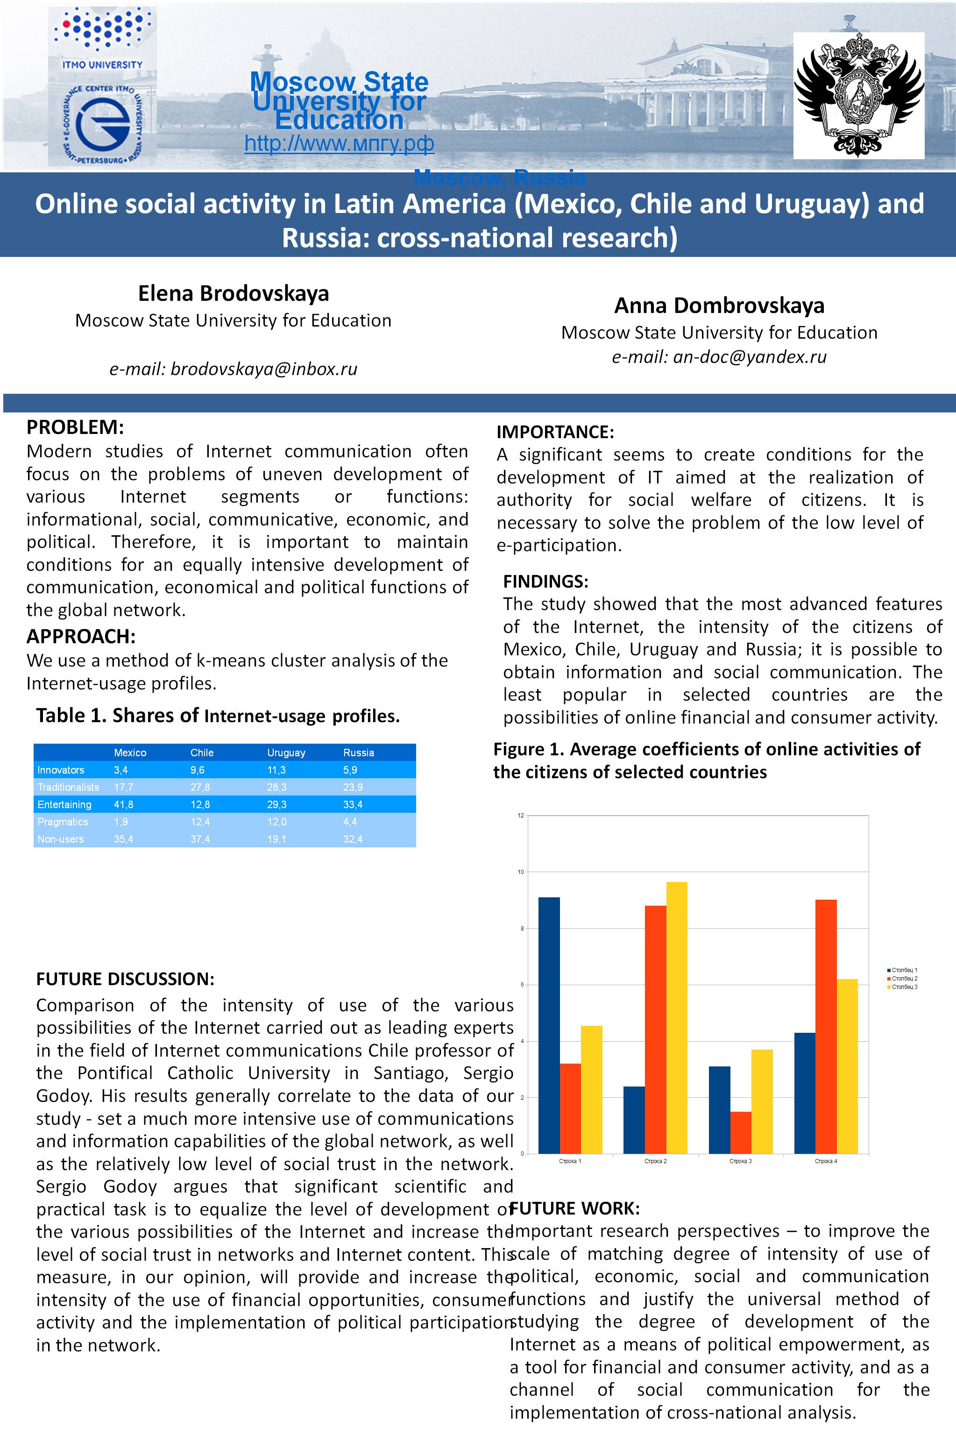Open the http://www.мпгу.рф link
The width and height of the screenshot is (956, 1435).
[x=339, y=144]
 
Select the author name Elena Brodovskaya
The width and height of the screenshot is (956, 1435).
[x=234, y=293]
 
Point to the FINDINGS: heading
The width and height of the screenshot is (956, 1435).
[x=545, y=581]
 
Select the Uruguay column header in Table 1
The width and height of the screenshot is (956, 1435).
[x=286, y=753]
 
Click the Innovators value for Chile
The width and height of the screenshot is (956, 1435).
[x=198, y=770]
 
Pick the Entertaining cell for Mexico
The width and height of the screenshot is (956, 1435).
[x=123, y=804]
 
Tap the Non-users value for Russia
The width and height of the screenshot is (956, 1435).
[x=353, y=839]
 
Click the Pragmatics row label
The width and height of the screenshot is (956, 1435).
[x=63, y=822]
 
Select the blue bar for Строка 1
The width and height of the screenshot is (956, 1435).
[x=549, y=1025]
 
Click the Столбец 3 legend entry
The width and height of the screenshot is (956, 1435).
[x=904, y=987]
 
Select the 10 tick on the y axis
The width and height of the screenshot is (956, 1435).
[x=521, y=872]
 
